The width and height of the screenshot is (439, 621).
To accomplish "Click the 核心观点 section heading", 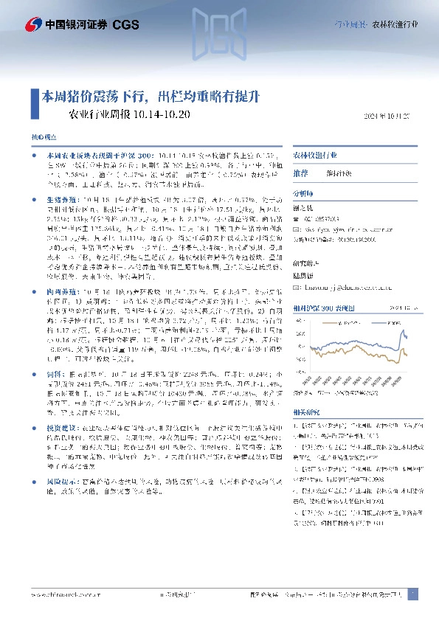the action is tap(43, 138).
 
